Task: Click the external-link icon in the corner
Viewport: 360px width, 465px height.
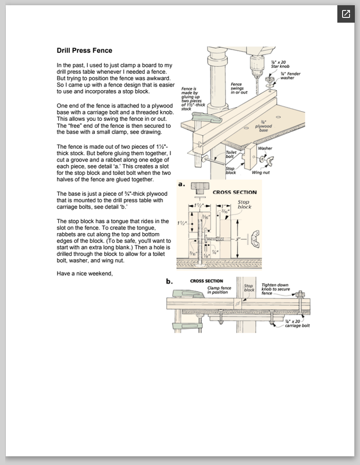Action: pyautogui.click(x=345, y=15)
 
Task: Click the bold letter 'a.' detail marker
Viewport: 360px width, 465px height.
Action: pyautogui.click(x=181, y=185)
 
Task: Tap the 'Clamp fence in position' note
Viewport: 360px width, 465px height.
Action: pyautogui.click(x=218, y=289)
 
